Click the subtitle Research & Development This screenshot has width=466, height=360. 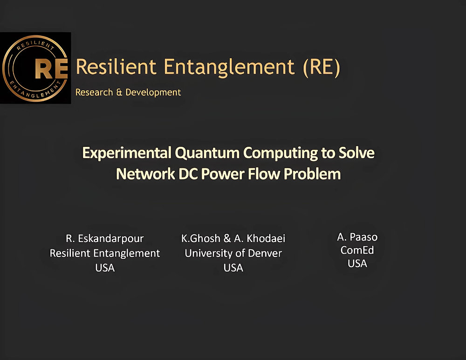click(128, 92)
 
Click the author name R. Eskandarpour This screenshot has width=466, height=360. click(105, 239)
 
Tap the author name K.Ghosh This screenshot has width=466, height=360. click(201, 239)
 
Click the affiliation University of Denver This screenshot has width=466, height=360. click(233, 253)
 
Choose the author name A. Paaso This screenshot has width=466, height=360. click(357, 237)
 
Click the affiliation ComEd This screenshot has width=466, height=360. click(357, 250)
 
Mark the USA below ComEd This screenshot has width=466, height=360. click(357, 263)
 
